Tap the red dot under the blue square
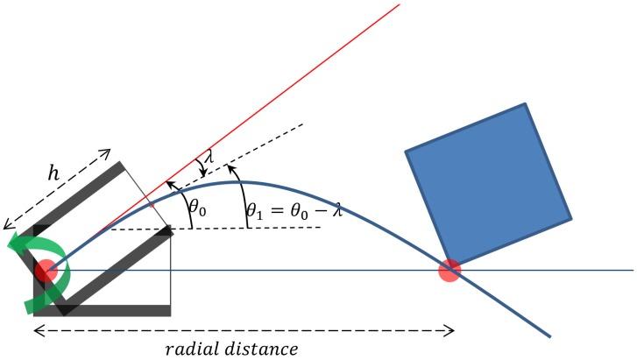pos(449,271)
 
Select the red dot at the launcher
pos(46,271)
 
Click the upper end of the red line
pos(399,4)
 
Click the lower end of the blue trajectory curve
pos(549,335)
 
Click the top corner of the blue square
pos(526,104)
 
